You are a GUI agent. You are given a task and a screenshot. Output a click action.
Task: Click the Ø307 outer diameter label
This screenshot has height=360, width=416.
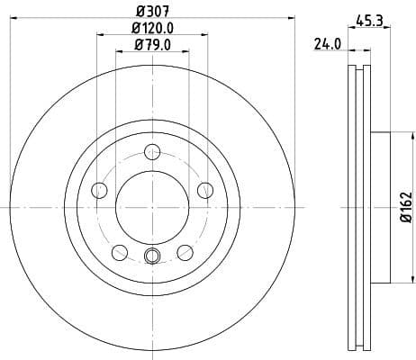152,12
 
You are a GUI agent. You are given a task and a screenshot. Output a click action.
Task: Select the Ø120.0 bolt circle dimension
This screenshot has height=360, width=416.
152,29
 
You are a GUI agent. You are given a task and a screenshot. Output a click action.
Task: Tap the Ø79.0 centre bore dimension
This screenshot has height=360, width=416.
152,45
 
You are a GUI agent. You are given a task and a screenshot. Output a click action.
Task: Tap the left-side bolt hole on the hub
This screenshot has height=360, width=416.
99,190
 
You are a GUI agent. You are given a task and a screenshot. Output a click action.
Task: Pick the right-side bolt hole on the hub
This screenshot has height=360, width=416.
205,190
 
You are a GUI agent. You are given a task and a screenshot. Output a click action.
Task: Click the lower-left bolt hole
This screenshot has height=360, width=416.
120,252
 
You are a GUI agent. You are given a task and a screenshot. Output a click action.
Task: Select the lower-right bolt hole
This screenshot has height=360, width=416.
185,252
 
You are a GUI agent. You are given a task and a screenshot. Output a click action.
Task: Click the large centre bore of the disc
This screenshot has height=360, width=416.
152,207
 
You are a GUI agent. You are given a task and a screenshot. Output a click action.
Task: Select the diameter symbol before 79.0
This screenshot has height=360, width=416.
138,45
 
